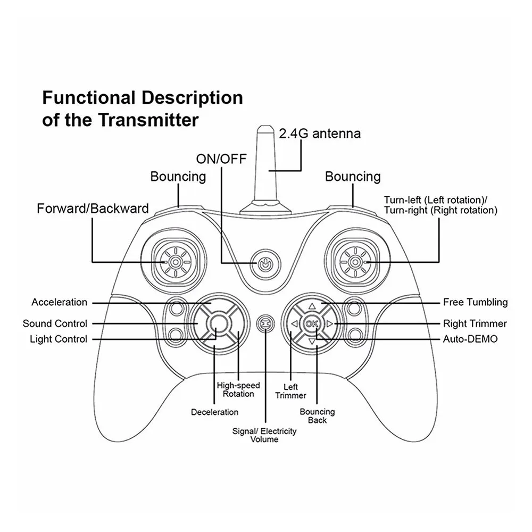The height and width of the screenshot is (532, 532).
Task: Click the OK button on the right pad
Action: click(312, 323)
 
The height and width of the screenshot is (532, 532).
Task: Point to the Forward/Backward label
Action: click(93, 208)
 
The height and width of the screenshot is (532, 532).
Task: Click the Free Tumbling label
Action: click(475, 302)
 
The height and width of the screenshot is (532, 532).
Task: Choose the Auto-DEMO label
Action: click(470, 339)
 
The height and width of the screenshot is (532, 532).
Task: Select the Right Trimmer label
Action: click(475, 323)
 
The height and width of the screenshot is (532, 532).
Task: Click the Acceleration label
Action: click(59, 302)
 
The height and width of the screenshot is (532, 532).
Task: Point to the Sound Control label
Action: click(55, 323)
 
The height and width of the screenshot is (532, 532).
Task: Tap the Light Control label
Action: click(59, 339)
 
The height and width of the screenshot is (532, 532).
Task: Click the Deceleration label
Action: click(214, 412)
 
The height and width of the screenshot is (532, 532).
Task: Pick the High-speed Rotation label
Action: click(238, 389)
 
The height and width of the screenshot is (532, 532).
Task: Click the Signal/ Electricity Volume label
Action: click(264, 435)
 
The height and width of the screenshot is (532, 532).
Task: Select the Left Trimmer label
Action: click(291, 391)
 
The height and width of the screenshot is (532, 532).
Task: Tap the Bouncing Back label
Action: click(317, 416)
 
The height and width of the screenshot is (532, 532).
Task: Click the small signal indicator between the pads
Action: click(264, 323)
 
